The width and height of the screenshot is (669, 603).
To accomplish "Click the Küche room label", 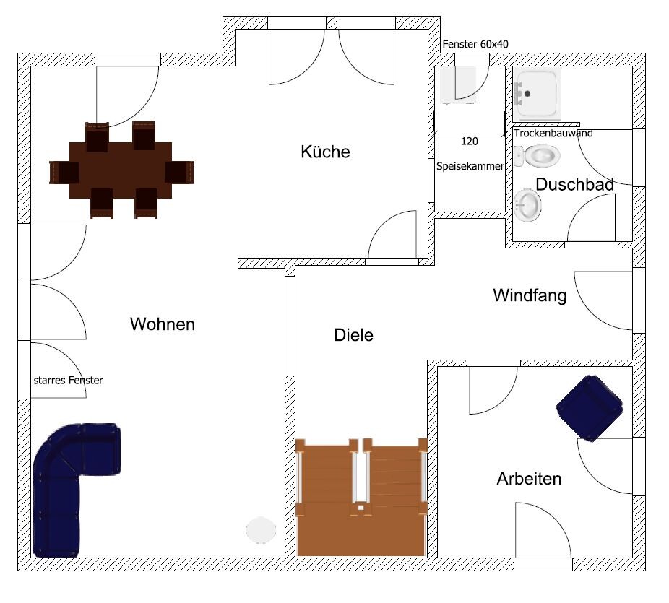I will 325,152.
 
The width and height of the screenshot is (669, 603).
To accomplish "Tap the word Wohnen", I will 163,324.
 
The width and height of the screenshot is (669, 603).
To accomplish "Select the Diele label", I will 353,335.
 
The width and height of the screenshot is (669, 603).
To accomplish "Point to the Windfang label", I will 530,295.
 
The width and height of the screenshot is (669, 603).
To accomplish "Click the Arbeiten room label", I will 529,479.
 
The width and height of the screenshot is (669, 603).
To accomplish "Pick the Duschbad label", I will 575,185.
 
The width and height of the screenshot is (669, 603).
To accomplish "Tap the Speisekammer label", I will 470,165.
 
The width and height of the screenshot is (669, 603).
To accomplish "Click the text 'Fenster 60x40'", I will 475,45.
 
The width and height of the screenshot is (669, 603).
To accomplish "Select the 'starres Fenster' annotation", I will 68,380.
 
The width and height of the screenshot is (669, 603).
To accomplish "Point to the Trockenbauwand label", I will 553,134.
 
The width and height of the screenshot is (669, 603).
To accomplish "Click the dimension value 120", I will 468,142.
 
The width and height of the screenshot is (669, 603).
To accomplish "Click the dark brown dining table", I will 121,170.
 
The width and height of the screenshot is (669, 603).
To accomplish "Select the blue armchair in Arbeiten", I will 590,407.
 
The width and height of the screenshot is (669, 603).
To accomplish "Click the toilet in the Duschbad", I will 540,155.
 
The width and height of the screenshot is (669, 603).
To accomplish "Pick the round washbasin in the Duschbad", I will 529,204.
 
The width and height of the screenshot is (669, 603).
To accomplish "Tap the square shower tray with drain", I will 537,94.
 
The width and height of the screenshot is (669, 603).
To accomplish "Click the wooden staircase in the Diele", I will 361,498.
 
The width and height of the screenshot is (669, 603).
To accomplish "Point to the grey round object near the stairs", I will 260,530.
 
